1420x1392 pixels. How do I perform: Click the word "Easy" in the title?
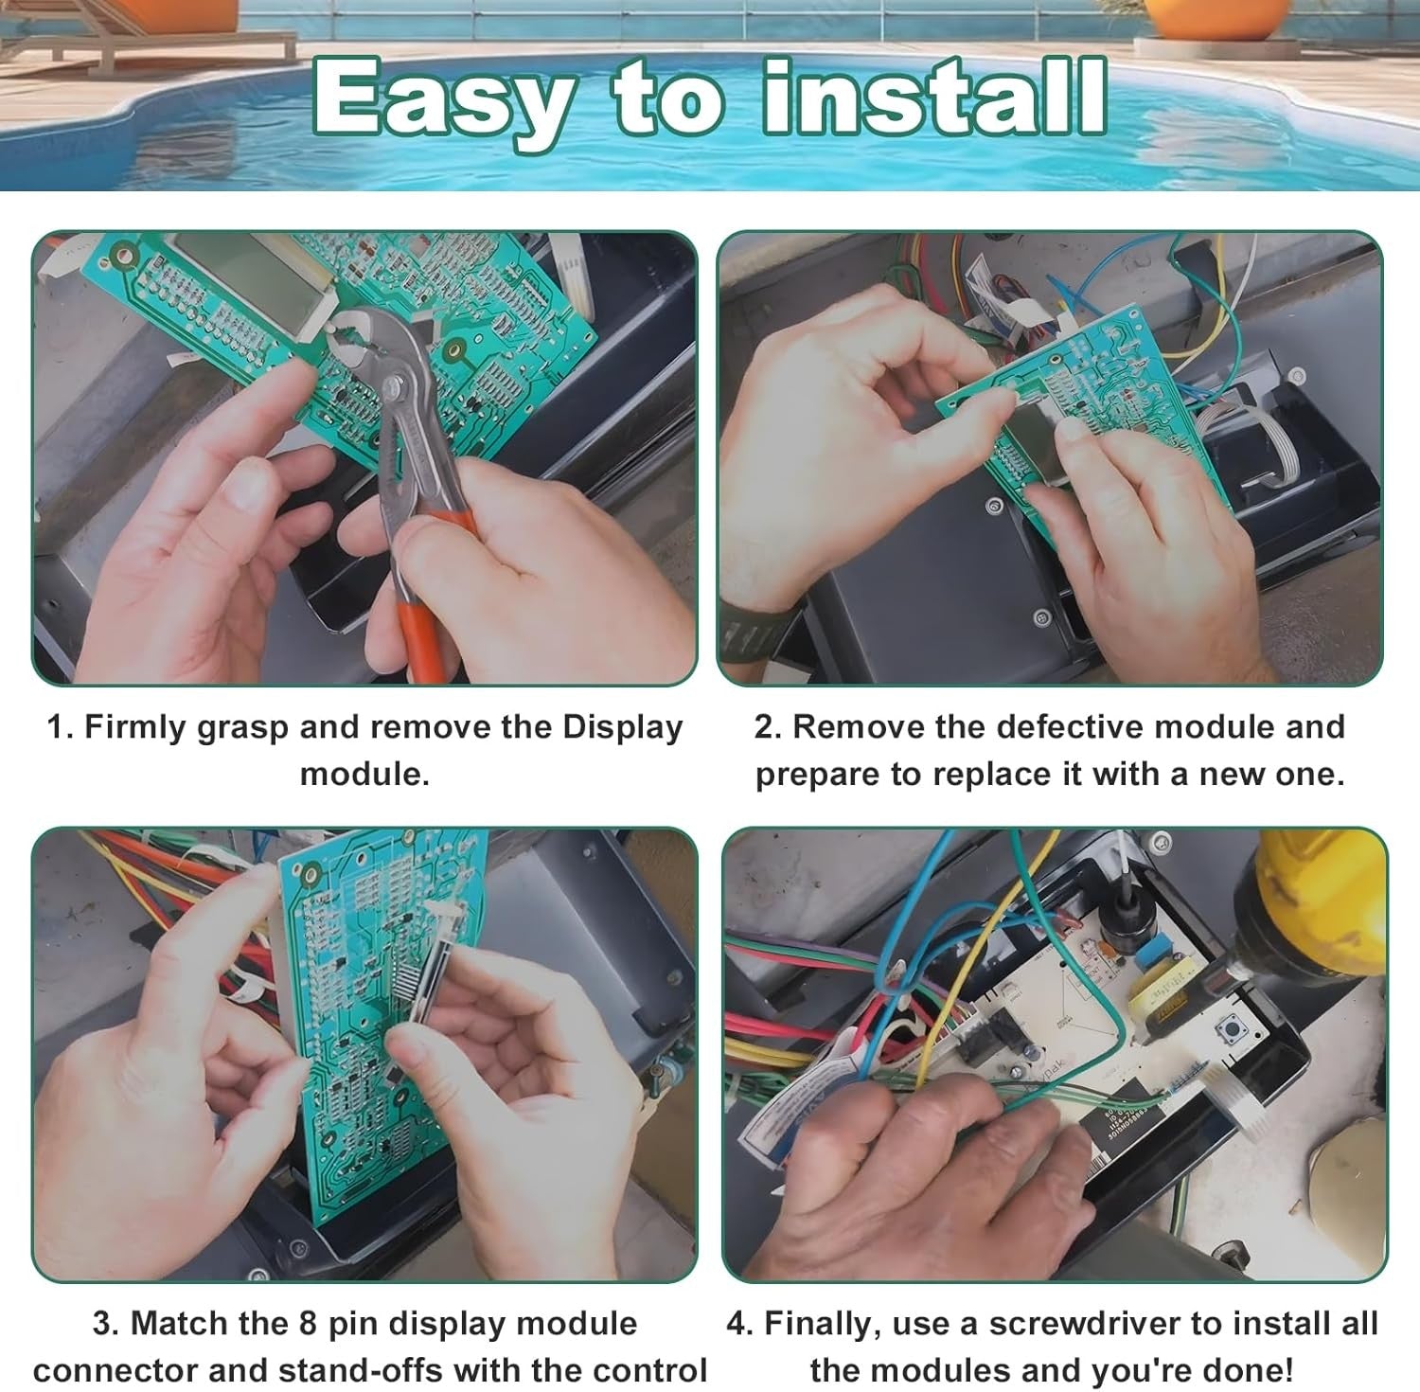[442, 99]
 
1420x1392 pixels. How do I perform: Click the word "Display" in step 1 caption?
[622, 727]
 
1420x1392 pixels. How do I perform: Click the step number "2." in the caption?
[768, 727]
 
